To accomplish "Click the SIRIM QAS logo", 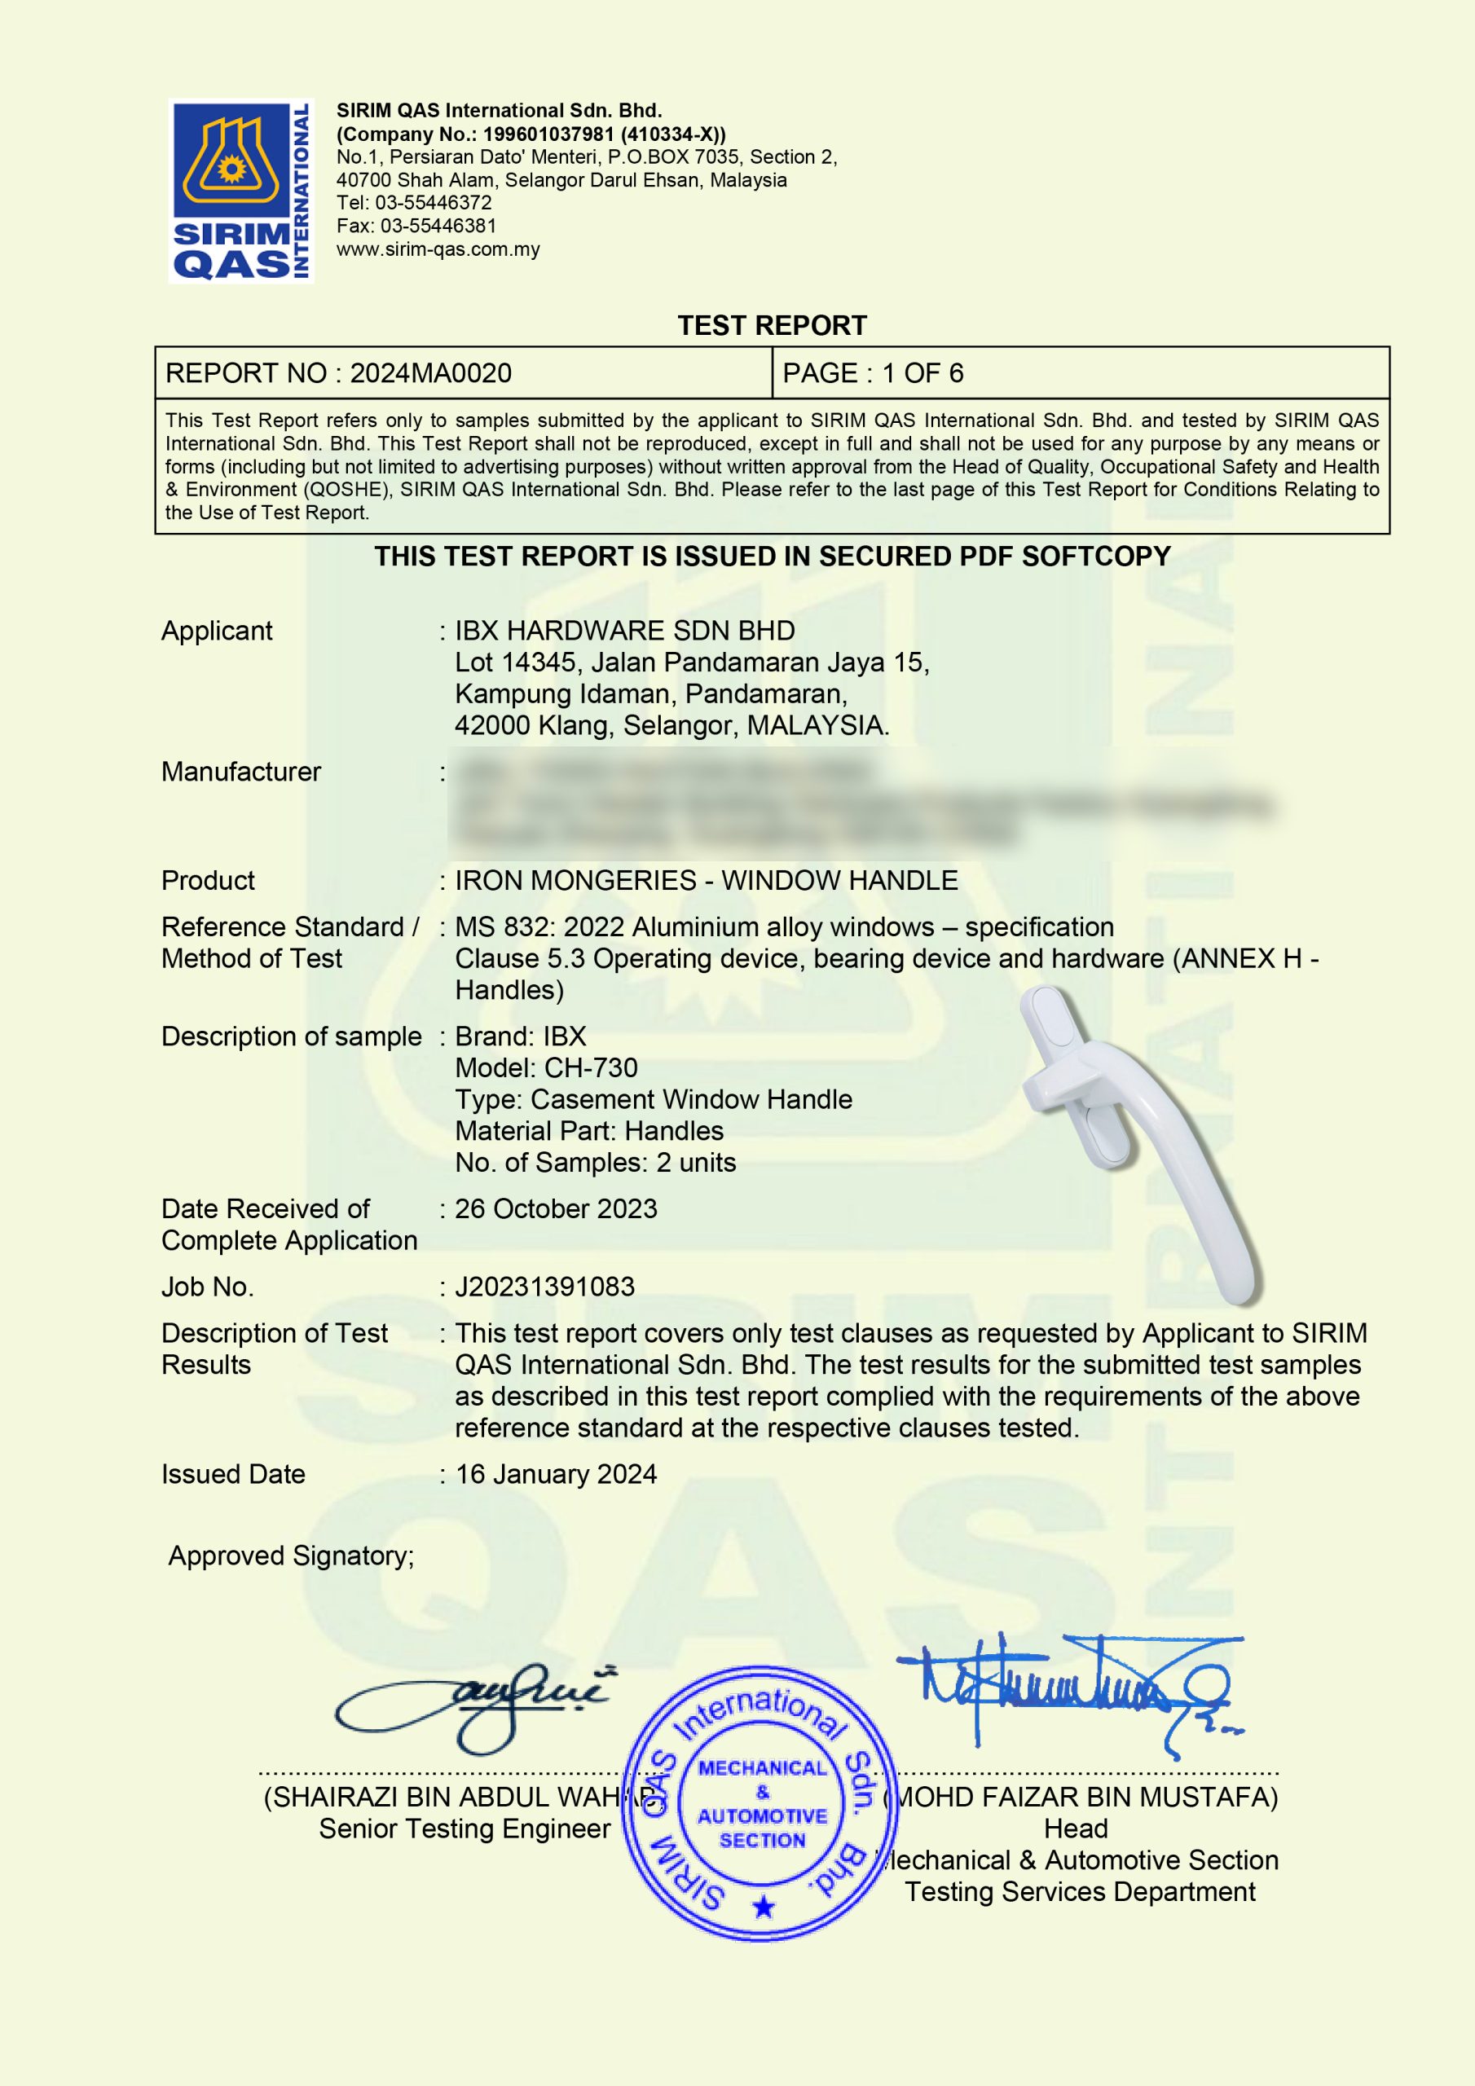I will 241,191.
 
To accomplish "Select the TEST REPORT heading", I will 772,325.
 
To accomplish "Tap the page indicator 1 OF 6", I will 922,373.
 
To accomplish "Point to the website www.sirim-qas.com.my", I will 438,249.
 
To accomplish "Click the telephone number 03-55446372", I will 433,203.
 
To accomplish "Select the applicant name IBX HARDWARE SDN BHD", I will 624,631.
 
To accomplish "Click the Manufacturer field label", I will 241,772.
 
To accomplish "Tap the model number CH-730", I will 591,1067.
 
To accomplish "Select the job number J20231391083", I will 544,1287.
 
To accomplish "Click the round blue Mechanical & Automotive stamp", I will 762,1803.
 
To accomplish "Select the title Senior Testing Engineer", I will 465,1829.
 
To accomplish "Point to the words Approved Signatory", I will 291,1556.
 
